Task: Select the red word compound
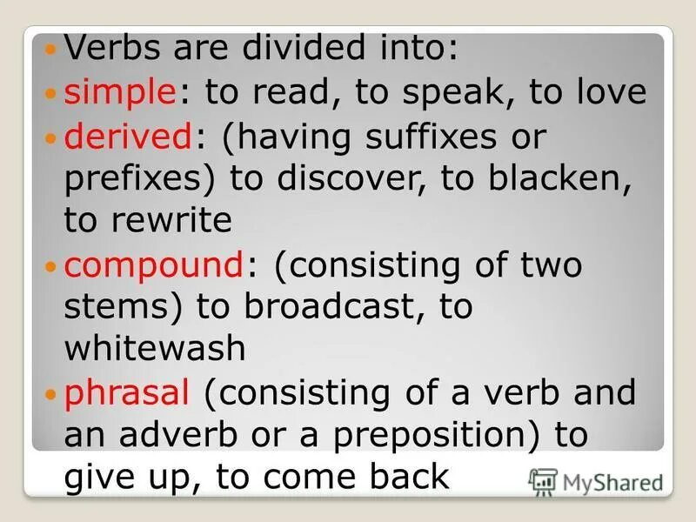[154, 264]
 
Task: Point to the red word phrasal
[127, 393]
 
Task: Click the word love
[604, 93]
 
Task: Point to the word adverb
[187, 435]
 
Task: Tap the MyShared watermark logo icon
[542, 481]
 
